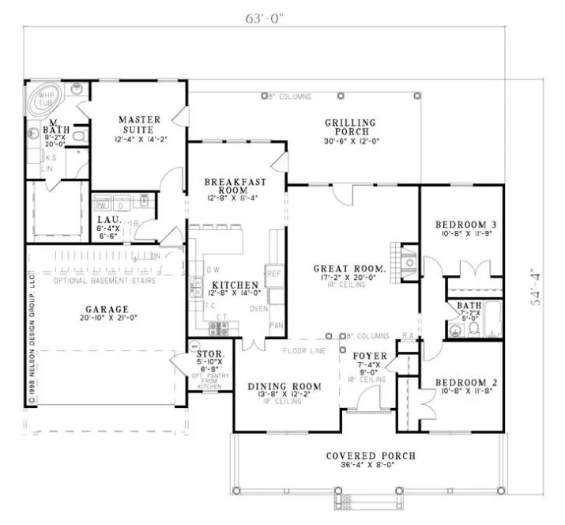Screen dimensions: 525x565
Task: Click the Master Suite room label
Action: pyautogui.click(x=139, y=125)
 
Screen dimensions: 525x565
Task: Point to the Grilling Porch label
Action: pyautogui.click(x=351, y=127)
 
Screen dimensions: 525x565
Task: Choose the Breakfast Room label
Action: pyautogui.click(x=235, y=187)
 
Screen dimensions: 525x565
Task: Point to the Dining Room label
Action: pyautogui.click(x=285, y=387)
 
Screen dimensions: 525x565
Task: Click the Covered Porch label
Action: pyautogui.click(x=371, y=457)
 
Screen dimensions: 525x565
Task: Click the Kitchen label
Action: pyautogui.click(x=235, y=285)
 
